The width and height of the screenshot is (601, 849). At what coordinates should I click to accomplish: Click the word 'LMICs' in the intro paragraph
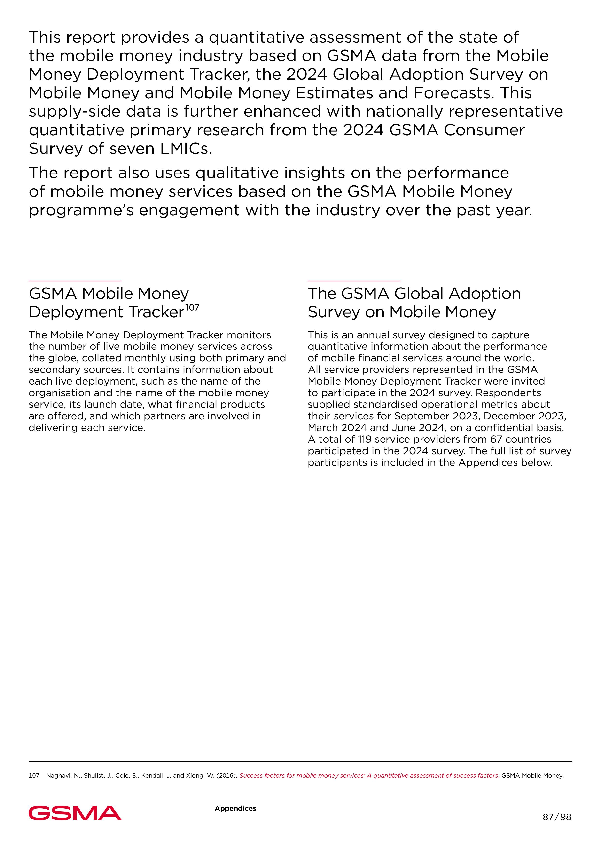click(x=186, y=149)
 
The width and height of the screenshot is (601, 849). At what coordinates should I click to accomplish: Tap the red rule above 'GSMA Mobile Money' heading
click(x=75, y=281)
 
